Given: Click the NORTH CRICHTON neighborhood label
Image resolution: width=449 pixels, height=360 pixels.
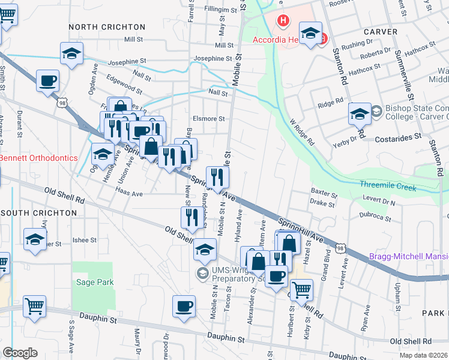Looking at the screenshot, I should point(107,27).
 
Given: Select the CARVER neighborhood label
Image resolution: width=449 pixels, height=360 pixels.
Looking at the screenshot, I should point(380,31).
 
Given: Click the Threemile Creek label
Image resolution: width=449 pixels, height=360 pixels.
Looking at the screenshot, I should point(388,187).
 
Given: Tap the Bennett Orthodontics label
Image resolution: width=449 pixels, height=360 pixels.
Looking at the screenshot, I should point(38,158).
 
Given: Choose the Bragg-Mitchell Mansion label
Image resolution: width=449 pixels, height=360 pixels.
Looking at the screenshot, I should point(410,256).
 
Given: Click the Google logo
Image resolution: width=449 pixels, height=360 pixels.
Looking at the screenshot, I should point(19,353).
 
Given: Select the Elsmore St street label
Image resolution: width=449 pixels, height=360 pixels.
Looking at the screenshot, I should point(208,119).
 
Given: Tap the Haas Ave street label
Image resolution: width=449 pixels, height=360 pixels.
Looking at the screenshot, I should point(128,194).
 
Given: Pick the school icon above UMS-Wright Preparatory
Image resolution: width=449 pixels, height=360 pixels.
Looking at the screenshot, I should point(205,249).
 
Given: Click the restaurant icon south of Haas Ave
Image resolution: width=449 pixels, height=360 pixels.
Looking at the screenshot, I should point(192,217).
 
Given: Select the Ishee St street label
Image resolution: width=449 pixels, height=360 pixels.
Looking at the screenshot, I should point(85,240).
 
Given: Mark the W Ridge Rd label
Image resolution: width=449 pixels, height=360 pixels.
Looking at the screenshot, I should point(302,133).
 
